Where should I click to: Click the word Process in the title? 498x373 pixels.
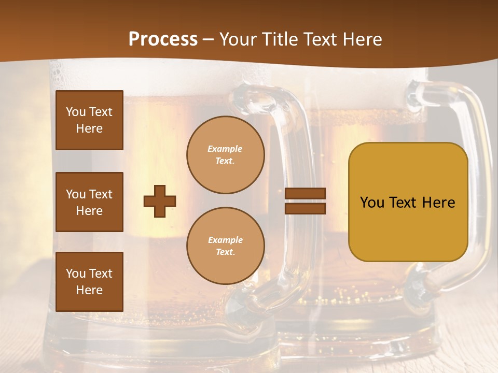pyautogui.click(x=163, y=39)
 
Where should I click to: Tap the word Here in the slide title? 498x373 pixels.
pyautogui.click(x=362, y=39)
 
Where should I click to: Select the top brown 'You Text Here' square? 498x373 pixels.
pyautogui.click(x=89, y=120)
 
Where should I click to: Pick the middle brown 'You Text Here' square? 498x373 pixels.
pyautogui.click(x=89, y=202)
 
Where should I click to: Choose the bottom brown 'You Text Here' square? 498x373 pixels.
pyautogui.click(x=89, y=282)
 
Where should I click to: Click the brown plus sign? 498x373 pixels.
pyautogui.click(x=160, y=201)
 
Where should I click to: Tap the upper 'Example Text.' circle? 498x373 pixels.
pyautogui.click(x=226, y=155)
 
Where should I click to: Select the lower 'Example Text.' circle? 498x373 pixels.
pyautogui.click(x=226, y=246)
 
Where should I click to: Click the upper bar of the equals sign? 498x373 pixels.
pyautogui.click(x=306, y=194)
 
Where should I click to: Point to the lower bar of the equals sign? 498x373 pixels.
pyautogui.click(x=306, y=208)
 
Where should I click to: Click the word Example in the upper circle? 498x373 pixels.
pyautogui.click(x=225, y=149)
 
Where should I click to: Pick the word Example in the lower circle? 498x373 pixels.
pyautogui.click(x=225, y=240)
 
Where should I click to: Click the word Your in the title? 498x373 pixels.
pyautogui.click(x=237, y=39)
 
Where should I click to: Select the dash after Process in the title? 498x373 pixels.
pyautogui.click(x=209, y=40)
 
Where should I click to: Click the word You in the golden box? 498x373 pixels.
pyautogui.click(x=371, y=203)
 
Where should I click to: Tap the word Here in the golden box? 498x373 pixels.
pyautogui.click(x=439, y=203)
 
